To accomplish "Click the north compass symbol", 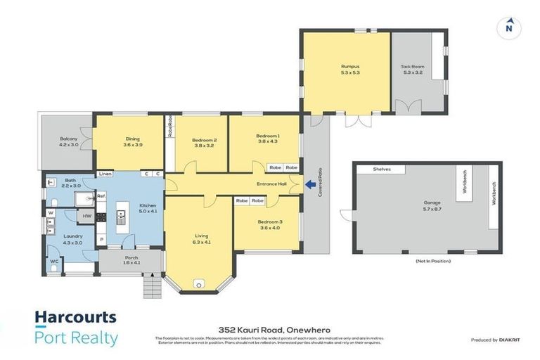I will (508, 28).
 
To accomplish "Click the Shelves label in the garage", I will (381, 169).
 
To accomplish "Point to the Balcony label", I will (68, 139).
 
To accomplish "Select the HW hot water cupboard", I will (87, 216).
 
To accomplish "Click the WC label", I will (54, 262).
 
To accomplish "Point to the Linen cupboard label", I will (105, 174).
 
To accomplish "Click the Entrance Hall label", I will (271, 184).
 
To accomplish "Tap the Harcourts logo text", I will (76, 317).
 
